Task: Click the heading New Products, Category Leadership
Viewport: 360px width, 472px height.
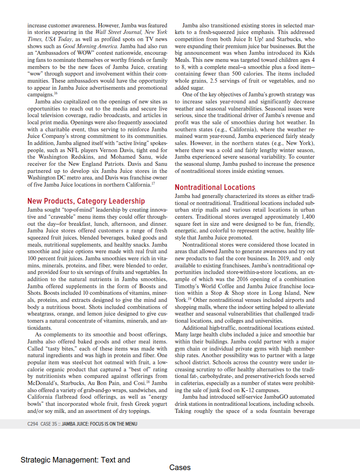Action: click(x=86, y=201)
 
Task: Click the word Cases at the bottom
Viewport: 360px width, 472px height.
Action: click(x=180, y=468)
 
